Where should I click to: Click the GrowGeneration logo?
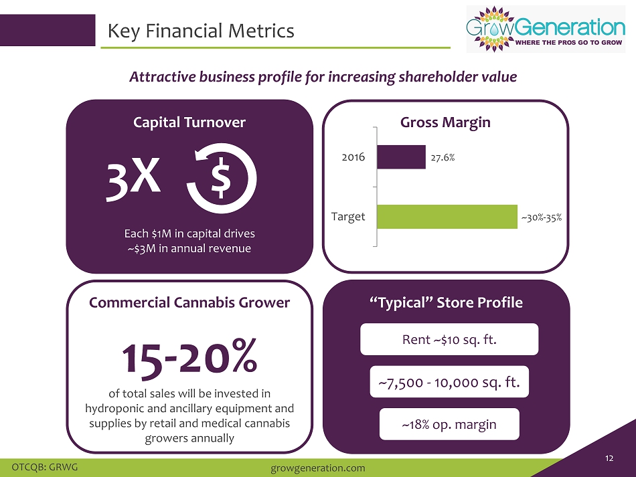click(x=546, y=29)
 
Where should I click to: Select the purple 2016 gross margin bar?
click(x=401, y=157)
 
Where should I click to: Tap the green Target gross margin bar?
click(x=447, y=217)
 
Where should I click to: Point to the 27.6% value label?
click(x=443, y=158)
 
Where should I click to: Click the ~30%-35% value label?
click(x=542, y=217)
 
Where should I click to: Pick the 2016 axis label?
click(x=353, y=157)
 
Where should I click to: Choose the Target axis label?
click(x=348, y=216)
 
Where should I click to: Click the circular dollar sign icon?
click(x=222, y=179)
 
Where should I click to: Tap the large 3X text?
click(x=133, y=179)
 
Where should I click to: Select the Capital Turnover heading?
click(x=189, y=122)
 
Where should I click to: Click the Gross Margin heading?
click(x=445, y=122)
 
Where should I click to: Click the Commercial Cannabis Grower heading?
click(x=189, y=302)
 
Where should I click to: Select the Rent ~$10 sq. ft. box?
click(x=449, y=339)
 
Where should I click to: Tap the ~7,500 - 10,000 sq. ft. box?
click(x=449, y=382)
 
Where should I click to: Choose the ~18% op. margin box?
click(x=449, y=424)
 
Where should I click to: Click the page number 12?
click(x=609, y=458)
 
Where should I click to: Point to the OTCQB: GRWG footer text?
click(x=45, y=467)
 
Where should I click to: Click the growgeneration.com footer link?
click(x=317, y=468)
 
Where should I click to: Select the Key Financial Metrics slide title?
click(x=201, y=31)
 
